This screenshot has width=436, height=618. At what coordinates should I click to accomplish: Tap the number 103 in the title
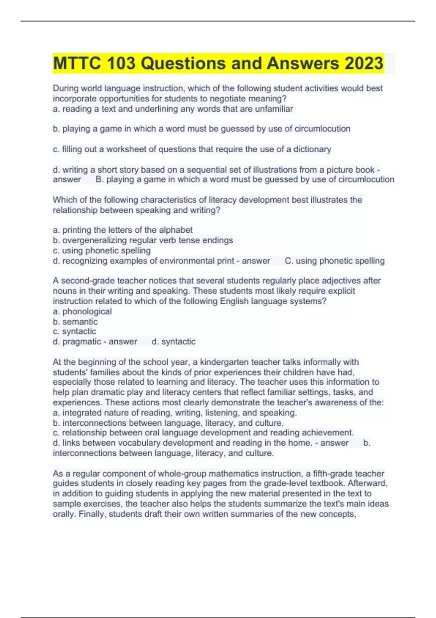pyautogui.click(x=121, y=63)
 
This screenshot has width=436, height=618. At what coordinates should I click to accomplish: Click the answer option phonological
pyautogui.click(x=87, y=311)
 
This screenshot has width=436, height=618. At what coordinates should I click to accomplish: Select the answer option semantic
pyautogui.click(x=80, y=321)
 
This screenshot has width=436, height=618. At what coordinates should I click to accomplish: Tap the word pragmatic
pyautogui.click(x=82, y=341)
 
